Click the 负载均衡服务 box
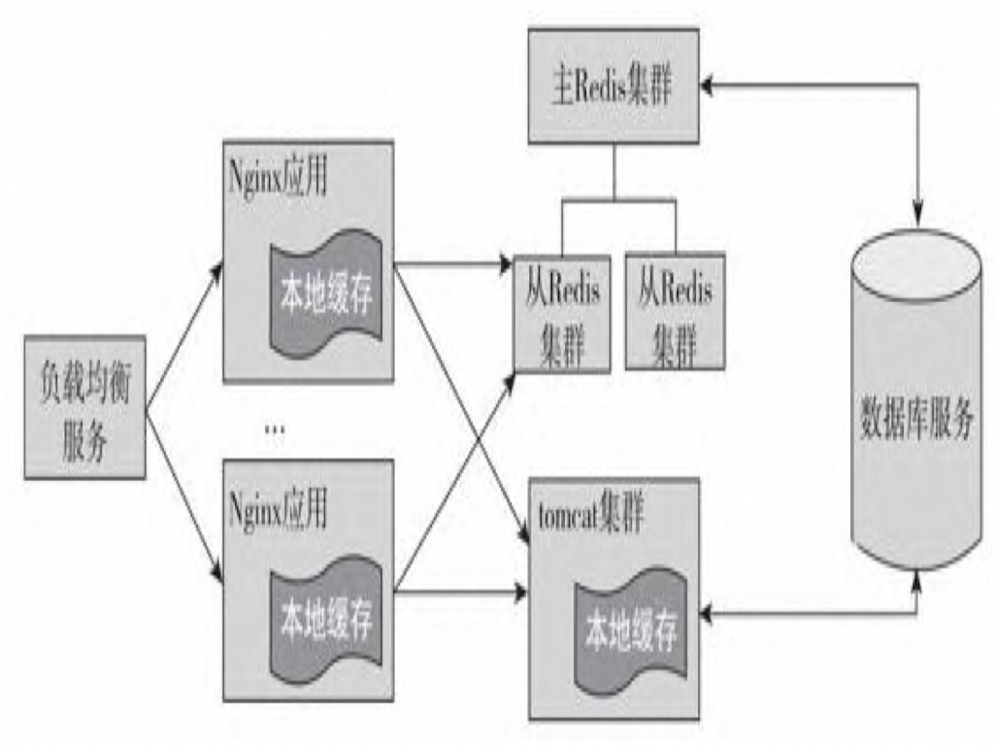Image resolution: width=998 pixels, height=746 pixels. tap(85, 406)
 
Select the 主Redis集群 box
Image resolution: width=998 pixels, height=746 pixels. tap(612, 85)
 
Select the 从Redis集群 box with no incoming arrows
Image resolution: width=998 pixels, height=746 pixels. tap(675, 311)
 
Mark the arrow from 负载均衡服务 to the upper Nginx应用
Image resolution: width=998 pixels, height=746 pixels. tap(184, 330)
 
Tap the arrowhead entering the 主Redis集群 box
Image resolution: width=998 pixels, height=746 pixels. tap(708, 85)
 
